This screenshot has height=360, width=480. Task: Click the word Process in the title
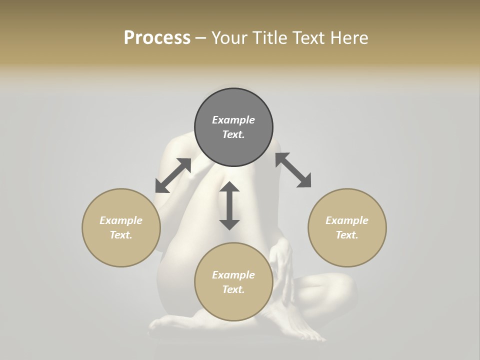coord(157,38)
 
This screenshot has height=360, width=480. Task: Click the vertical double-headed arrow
coord(229,205)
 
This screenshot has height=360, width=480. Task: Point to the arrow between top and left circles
coord(173,175)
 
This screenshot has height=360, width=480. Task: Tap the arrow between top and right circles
coord(293,170)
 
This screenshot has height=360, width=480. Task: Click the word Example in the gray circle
coord(233,120)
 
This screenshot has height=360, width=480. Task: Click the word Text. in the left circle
coord(121,235)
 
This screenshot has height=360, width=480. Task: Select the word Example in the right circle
coord(347,220)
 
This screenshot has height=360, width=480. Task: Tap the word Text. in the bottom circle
coord(233,289)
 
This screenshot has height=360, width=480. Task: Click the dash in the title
coord(201,38)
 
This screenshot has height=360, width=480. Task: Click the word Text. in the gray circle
coord(233,134)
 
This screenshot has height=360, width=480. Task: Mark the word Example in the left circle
coord(121,220)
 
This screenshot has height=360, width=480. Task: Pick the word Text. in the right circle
coord(347,235)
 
